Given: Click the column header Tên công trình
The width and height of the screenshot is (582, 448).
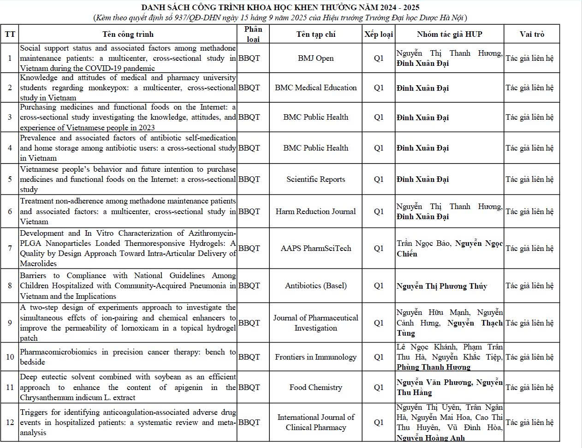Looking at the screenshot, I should (128, 34).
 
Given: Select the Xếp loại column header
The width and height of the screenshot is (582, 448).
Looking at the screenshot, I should (379, 34).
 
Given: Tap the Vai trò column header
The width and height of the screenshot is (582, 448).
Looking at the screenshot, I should (532, 34).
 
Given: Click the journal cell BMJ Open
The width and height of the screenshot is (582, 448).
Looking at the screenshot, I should (315, 58).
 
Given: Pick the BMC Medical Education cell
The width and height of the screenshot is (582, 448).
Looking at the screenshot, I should (315, 87).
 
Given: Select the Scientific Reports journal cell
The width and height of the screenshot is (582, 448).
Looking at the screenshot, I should (315, 179).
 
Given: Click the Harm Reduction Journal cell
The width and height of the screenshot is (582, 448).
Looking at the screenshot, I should (315, 211).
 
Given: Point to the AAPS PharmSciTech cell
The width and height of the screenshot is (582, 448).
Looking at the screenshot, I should (315, 248).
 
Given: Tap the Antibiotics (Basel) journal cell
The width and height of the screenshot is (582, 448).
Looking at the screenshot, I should (315, 285).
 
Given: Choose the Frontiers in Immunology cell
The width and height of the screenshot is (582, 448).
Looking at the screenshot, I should (315, 357).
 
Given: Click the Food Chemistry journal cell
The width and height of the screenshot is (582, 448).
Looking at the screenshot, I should (315, 387).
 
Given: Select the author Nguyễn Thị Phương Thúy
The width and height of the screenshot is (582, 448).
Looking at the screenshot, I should (441, 286).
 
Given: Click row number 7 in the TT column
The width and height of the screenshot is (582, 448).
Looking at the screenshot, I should (10, 248).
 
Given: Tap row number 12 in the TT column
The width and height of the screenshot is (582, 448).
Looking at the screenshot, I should (10, 422).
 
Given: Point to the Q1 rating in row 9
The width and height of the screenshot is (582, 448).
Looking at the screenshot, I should (379, 323).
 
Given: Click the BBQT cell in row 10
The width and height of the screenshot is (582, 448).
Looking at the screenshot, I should (249, 357).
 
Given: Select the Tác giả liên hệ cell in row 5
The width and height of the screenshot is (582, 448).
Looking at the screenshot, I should (529, 179).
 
